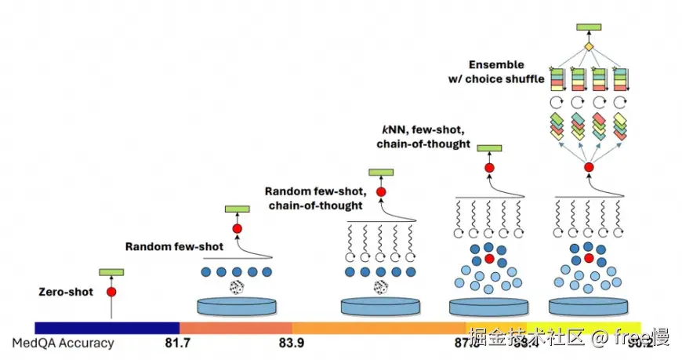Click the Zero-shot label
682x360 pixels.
pos(66,292)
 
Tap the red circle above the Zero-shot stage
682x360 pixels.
pos(111,292)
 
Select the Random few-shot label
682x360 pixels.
pos(174,246)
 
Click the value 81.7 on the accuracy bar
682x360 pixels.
pos(180,343)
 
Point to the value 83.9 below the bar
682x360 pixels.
pos(292,343)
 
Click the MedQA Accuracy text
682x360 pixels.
pos(63,343)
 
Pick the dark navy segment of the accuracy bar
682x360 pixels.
pos(107,328)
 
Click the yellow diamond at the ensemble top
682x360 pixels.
pos(589,48)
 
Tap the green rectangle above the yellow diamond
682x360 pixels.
pos(589,27)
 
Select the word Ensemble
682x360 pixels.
pos(496,64)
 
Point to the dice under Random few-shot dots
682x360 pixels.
pos(237,289)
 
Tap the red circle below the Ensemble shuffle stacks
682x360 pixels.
pos(589,168)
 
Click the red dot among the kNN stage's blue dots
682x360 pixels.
pos(489,259)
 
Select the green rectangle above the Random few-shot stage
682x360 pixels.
pos(237,209)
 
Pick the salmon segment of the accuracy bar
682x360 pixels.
pos(235,328)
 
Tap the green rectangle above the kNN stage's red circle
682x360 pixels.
pos(489,148)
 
